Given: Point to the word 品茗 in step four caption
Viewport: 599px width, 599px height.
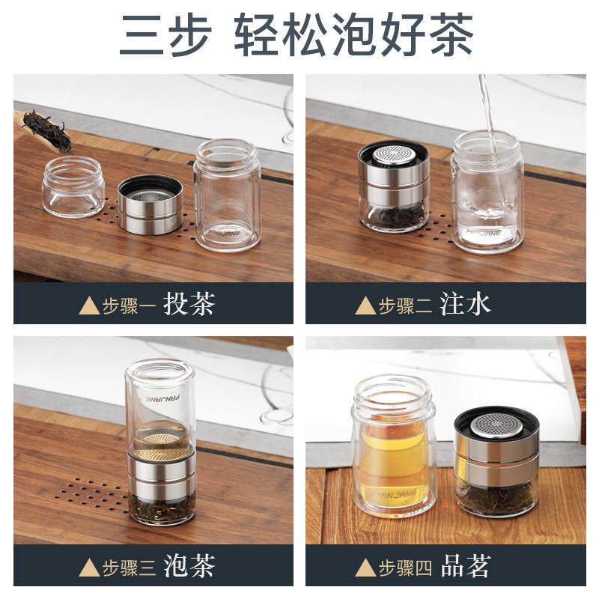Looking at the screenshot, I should tap(465, 566).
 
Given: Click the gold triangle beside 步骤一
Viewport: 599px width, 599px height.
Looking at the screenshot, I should tap(89, 305).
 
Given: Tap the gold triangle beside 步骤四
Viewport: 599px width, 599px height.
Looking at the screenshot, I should tap(365, 567).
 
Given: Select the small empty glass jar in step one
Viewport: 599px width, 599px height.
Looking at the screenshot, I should tap(73, 187).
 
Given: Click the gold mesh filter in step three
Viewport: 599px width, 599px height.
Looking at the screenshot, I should tap(160, 441).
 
